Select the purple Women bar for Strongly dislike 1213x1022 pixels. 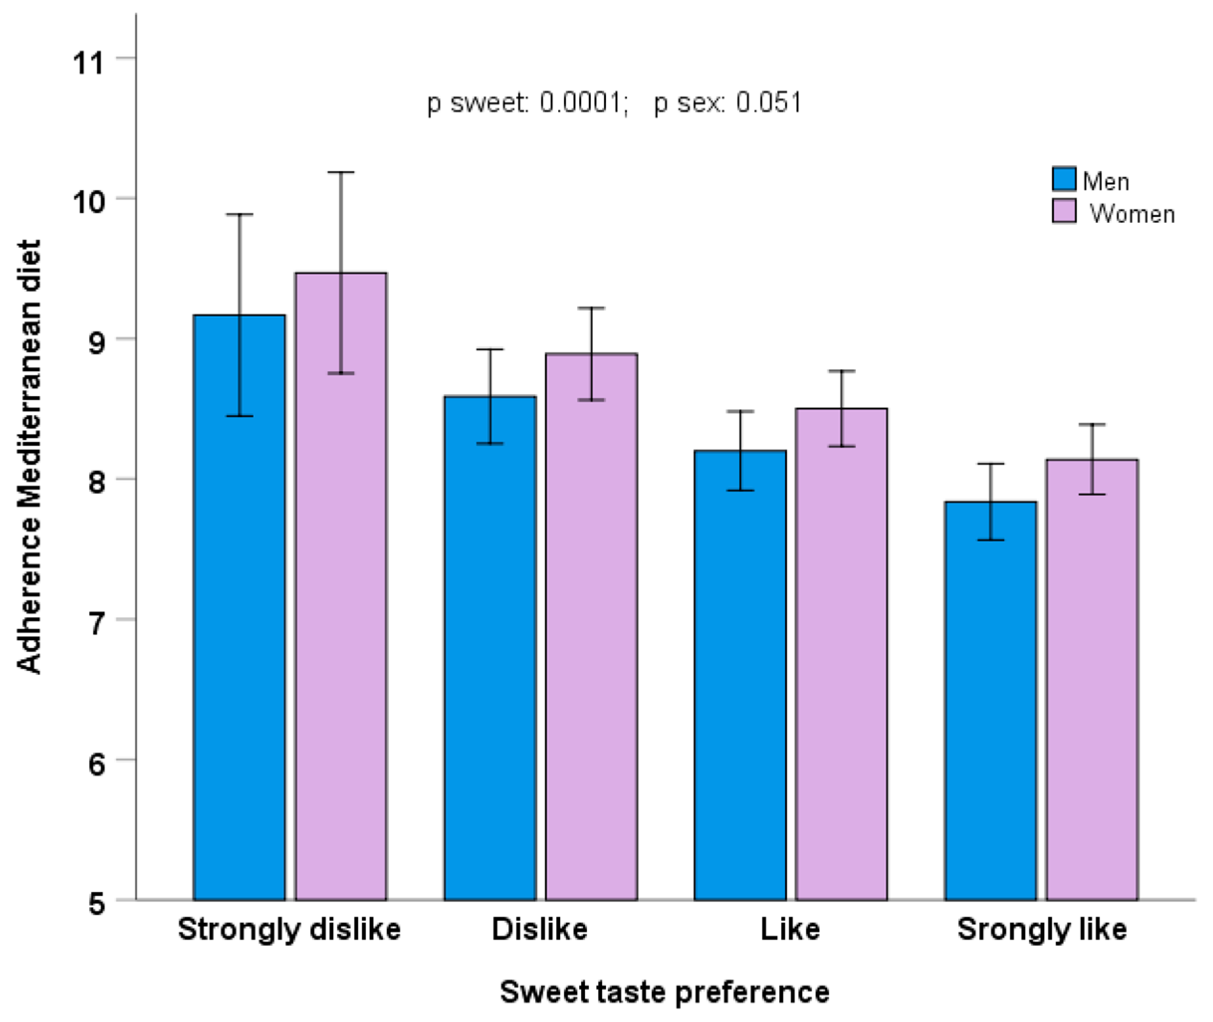pyautogui.click(x=341, y=585)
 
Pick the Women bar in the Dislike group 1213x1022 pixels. pyautogui.click(x=592, y=626)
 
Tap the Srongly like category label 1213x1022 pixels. pyautogui.click(x=1041, y=929)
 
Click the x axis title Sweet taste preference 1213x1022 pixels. pyautogui.click(x=664, y=992)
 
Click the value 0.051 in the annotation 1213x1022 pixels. pyautogui.click(x=769, y=103)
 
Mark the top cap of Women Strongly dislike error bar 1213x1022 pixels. pyautogui.click(x=341, y=172)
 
